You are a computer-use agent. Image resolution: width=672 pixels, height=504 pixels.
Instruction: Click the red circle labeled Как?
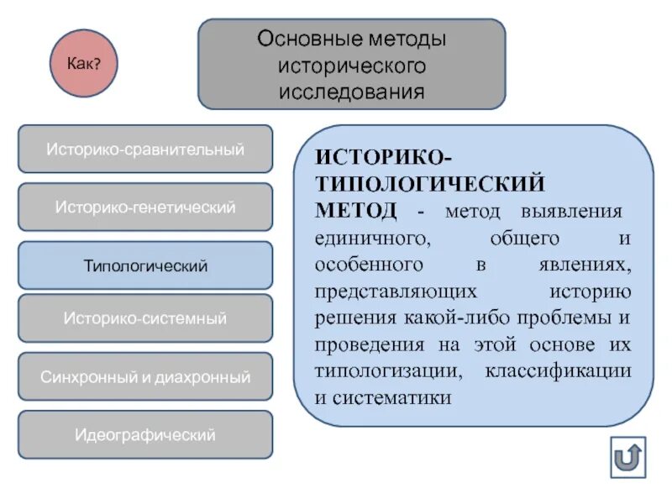(x=84, y=63)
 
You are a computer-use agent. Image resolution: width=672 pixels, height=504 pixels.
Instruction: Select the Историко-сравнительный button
(x=145, y=150)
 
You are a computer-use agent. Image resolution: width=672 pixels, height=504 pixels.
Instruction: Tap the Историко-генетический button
(x=145, y=207)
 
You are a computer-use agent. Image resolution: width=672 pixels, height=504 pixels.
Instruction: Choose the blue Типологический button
(x=145, y=265)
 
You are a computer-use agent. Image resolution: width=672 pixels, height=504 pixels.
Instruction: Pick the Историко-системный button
(x=145, y=318)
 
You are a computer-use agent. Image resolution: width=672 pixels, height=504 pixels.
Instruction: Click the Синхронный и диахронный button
(x=145, y=377)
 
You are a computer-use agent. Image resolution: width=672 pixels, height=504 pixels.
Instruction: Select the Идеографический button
(x=145, y=435)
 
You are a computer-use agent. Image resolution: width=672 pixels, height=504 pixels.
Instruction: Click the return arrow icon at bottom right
(x=627, y=458)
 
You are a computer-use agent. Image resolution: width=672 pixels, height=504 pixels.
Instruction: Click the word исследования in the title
(x=352, y=91)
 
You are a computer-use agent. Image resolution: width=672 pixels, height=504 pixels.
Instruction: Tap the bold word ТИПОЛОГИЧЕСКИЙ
(x=430, y=183)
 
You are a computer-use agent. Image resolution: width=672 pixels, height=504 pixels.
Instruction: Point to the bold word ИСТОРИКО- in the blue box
(x=386, y=157)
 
